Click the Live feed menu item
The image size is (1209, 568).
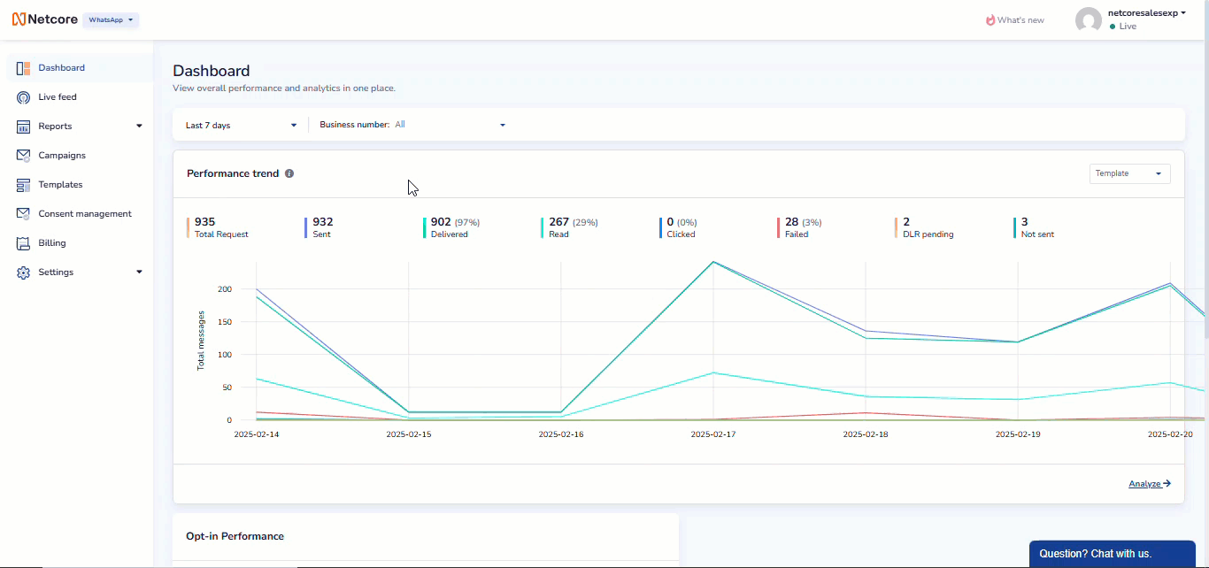[57, 97]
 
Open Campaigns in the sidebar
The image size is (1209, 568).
[61, 156]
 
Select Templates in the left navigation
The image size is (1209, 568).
[60, 185]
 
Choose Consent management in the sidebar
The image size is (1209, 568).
[84, 214]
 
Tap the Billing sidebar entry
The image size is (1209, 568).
[51, 243]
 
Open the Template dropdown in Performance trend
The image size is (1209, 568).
[1129, 174]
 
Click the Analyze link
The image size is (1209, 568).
[1149, 484]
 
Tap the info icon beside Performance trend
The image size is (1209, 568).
[289, 174]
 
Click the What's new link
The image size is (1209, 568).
[1015, 20]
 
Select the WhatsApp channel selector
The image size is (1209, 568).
[111, 19]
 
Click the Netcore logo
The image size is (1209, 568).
[45, 19]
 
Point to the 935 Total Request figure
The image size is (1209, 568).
[205, 222]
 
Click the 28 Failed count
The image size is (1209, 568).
[792, 222]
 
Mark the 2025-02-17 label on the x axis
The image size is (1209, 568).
[712, 434]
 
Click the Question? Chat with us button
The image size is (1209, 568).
[1112, 554]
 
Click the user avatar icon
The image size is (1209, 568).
[1088, 20]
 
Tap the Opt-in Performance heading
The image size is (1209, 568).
[235, 536]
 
